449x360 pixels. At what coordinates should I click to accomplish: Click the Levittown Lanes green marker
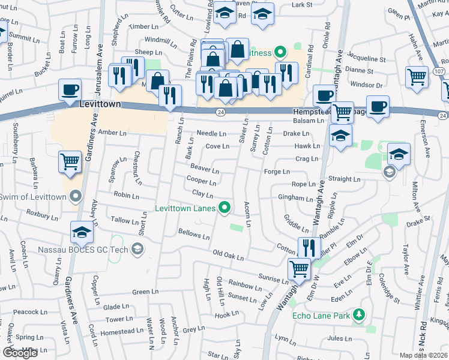point(225,208)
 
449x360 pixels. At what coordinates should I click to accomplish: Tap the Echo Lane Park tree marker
point(359,314)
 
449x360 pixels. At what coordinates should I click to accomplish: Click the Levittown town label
point(100,104)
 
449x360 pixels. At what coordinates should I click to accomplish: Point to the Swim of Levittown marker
point(76,196)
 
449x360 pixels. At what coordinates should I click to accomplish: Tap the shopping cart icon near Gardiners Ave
point(70,162)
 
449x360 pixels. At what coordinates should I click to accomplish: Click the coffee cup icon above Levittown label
point(70,90)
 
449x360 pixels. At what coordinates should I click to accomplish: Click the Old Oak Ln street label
point(228,257)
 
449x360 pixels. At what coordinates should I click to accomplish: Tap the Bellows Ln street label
point(193,233)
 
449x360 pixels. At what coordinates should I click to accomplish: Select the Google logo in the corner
point(20,353)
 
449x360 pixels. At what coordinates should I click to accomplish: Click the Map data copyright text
point(423,355)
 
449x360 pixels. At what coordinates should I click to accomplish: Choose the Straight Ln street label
point(345,179)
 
